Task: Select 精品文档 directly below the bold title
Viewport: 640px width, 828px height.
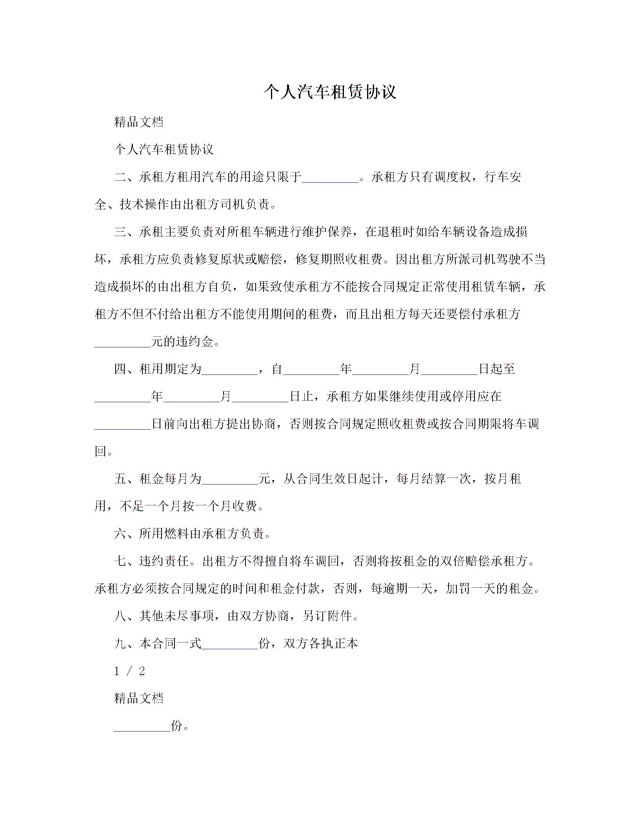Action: [139, 122]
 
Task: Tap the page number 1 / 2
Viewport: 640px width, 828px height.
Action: [129, 671]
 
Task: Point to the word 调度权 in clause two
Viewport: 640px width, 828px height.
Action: [452, 177]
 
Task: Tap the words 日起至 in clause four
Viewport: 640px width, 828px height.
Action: [497, 369]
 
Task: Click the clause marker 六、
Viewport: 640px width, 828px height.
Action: [126, 534]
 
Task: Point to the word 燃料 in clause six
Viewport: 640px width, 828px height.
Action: [176, 534]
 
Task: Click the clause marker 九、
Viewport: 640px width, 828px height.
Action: [126, 644]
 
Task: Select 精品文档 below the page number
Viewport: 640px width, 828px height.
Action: [139, 698]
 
